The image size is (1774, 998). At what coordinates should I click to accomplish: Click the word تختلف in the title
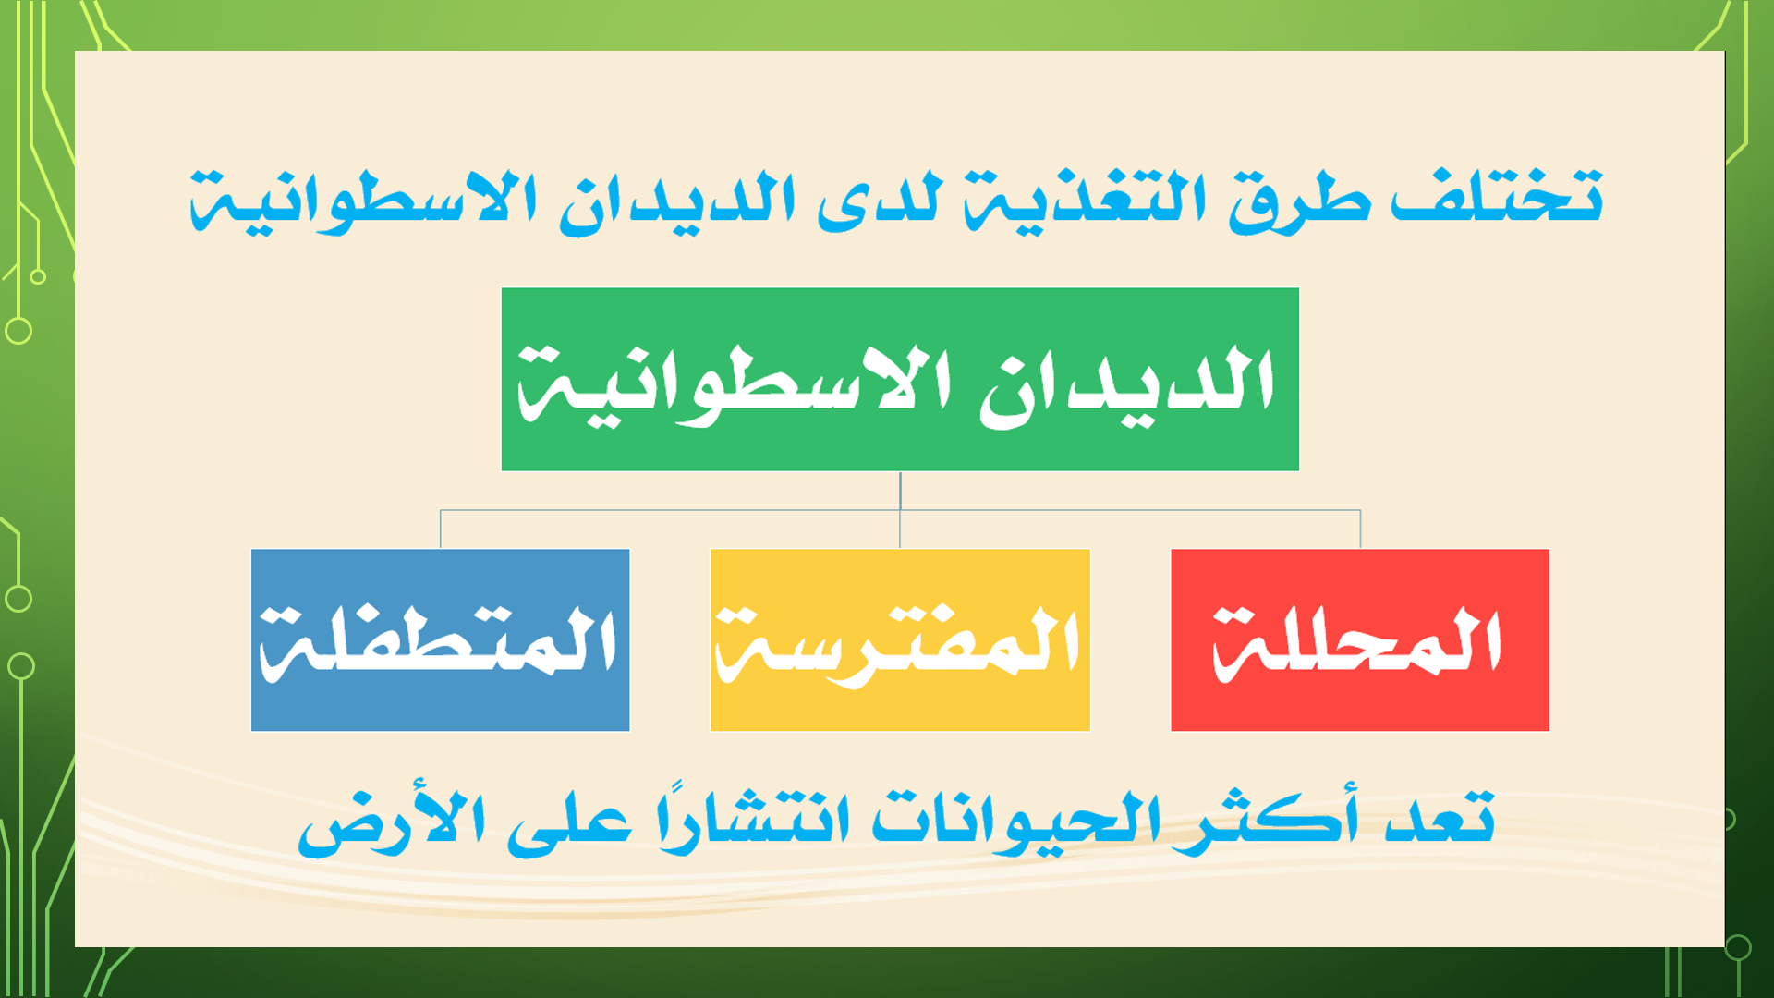pyautogui.click(x=1497, y=196)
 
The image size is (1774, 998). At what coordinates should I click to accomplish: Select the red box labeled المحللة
pyautogui.click(x=1360, y=640)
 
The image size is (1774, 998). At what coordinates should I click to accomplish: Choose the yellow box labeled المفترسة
pyautogui.click(x=900, y=640)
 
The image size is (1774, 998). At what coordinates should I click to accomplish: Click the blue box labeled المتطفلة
pyautogui.click(x=441, y=640)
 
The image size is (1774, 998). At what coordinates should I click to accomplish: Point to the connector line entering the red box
pyautogui.click(x=1360, y=529)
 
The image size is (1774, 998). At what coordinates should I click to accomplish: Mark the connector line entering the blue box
pyautogui.click(x=441, y=529)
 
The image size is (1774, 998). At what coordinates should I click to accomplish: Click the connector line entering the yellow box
pyautogui.click(x=900, y=529)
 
